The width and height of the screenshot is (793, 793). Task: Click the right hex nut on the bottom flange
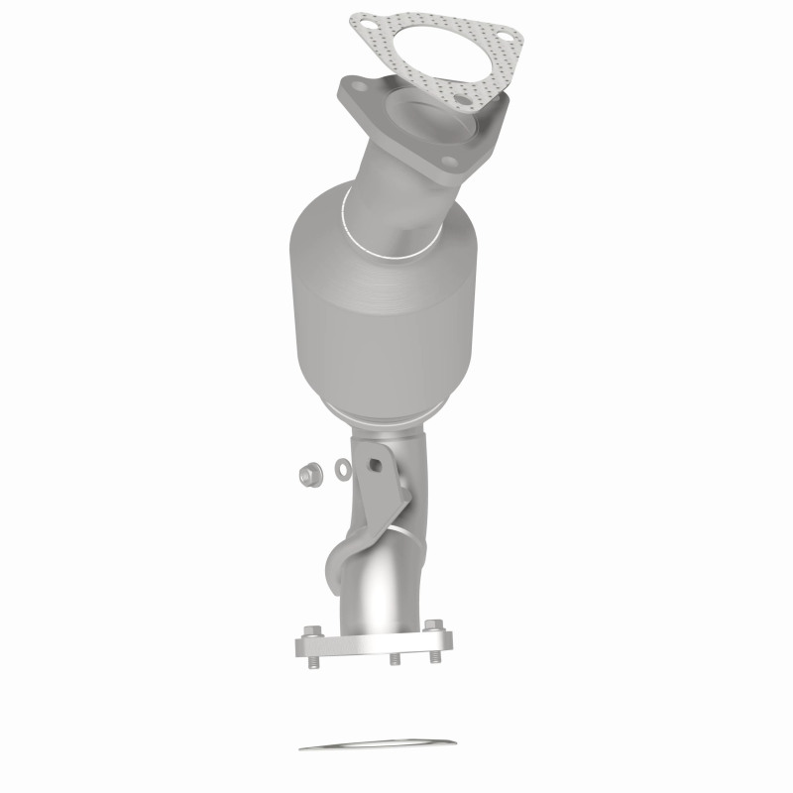click(432, 625)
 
